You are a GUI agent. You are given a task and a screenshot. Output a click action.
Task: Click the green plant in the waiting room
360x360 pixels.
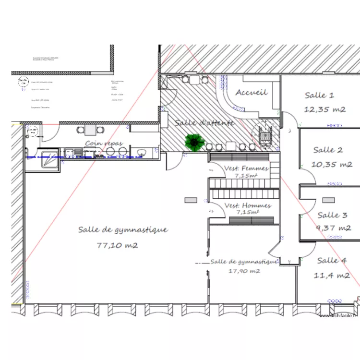tap(195, 142)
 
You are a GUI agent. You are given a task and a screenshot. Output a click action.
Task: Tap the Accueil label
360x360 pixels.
tap(251, 92)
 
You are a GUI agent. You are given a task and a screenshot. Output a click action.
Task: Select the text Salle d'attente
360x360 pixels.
tap(204, 123)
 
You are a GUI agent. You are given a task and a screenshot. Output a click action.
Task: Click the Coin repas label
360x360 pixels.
tap(104, 144)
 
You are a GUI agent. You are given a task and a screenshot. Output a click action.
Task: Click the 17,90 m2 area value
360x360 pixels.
tap(244, 271)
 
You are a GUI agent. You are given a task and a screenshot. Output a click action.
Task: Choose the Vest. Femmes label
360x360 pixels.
tap(246, 168)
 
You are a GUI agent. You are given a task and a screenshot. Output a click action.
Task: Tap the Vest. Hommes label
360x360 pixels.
tap(248, 205)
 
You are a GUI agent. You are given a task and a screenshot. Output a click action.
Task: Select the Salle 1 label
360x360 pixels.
tap(320, 96)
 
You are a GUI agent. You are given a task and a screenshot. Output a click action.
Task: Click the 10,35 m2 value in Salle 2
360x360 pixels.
tap(332, 164)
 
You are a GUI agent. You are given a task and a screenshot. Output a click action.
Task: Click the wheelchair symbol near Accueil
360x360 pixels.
tap(265, 135)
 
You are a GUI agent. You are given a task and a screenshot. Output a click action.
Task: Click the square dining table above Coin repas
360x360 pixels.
tap(90, 130)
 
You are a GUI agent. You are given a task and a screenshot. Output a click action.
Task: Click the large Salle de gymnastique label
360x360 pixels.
tap(123, 230)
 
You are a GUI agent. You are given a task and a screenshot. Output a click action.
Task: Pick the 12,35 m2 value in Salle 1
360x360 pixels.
tap(325, 109)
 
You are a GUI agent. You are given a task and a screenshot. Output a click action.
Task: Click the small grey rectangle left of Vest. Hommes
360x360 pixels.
tap(191, 200)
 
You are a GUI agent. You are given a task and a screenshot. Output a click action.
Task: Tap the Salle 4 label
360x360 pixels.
tap(331, 260)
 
